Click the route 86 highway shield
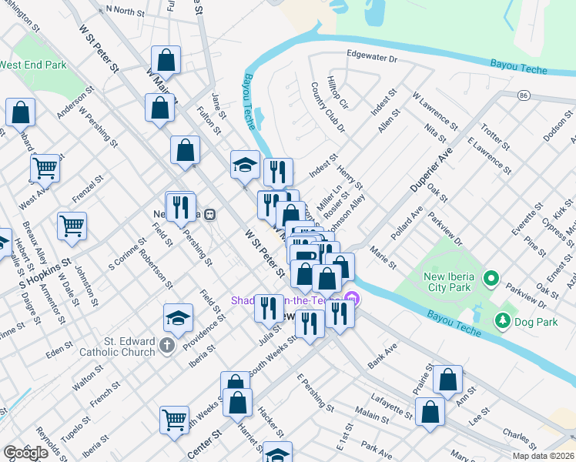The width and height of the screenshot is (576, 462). (x=524, y=95)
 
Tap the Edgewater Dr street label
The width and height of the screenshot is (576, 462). (x=371, y=58)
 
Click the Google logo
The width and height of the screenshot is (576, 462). (x=25, y=453)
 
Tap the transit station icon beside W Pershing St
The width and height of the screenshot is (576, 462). (x=209, y=216)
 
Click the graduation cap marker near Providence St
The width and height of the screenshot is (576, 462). (x=177, y=319)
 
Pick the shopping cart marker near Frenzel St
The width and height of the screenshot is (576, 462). (x=72, y=226)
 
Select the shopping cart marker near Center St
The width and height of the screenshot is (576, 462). (x=175, y=420)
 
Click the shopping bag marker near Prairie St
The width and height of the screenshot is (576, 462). (x=447, y=379)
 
